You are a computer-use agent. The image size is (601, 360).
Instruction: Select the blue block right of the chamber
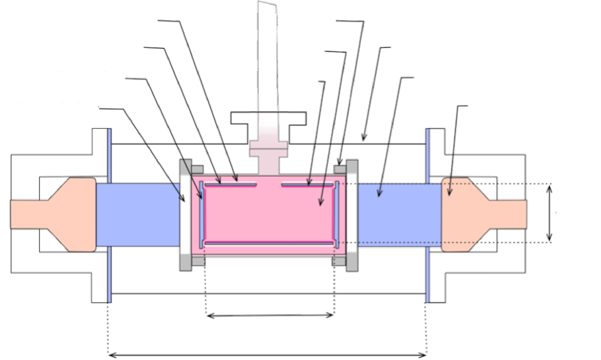point(397,212)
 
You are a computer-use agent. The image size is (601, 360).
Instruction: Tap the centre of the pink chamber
point(268,212)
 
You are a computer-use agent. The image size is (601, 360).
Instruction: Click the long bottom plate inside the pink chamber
point(268,242)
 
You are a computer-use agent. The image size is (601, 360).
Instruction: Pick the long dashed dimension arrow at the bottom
point(268,354)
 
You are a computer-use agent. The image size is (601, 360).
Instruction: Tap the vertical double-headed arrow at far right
point(549,213)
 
